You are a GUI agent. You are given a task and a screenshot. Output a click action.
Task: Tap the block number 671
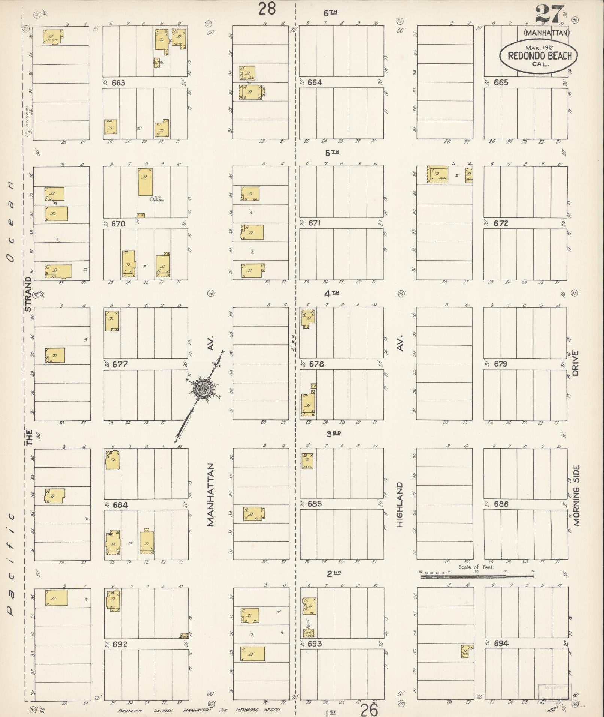(315, 223)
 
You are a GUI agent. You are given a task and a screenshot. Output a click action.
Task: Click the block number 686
(501, 504)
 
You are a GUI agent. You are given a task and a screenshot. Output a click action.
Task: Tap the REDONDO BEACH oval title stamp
(538, 56)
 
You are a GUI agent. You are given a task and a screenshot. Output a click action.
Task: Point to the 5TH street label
(331, 153)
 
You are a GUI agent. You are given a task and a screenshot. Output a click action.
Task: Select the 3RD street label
(333, 434)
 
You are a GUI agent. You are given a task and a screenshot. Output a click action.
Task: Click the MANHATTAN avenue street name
(210, 495)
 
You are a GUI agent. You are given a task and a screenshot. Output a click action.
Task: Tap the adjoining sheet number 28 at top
(267, 9)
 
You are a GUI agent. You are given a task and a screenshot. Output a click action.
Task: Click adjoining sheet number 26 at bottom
(369, 710)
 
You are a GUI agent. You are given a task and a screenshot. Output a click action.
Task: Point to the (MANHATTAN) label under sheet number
(546, 33)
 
